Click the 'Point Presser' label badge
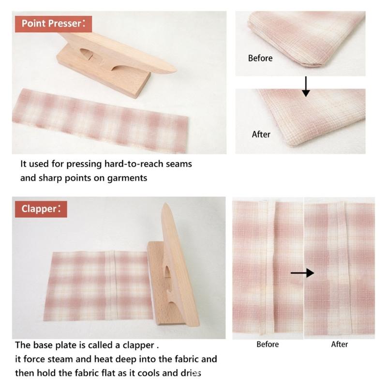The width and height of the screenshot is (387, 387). tap(53, 23)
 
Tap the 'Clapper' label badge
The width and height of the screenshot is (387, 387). tap(41, 209)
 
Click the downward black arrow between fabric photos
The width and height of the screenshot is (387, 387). tap(305, 86)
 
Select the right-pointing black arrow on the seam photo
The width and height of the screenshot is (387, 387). tap(302, 273)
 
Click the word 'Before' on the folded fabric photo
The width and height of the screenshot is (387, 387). tap(260, 58)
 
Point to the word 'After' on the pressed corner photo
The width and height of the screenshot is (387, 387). tap(261, 134)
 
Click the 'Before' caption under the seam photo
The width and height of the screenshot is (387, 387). tap(268, 344)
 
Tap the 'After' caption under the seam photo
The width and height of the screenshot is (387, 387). tap(340, 344)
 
